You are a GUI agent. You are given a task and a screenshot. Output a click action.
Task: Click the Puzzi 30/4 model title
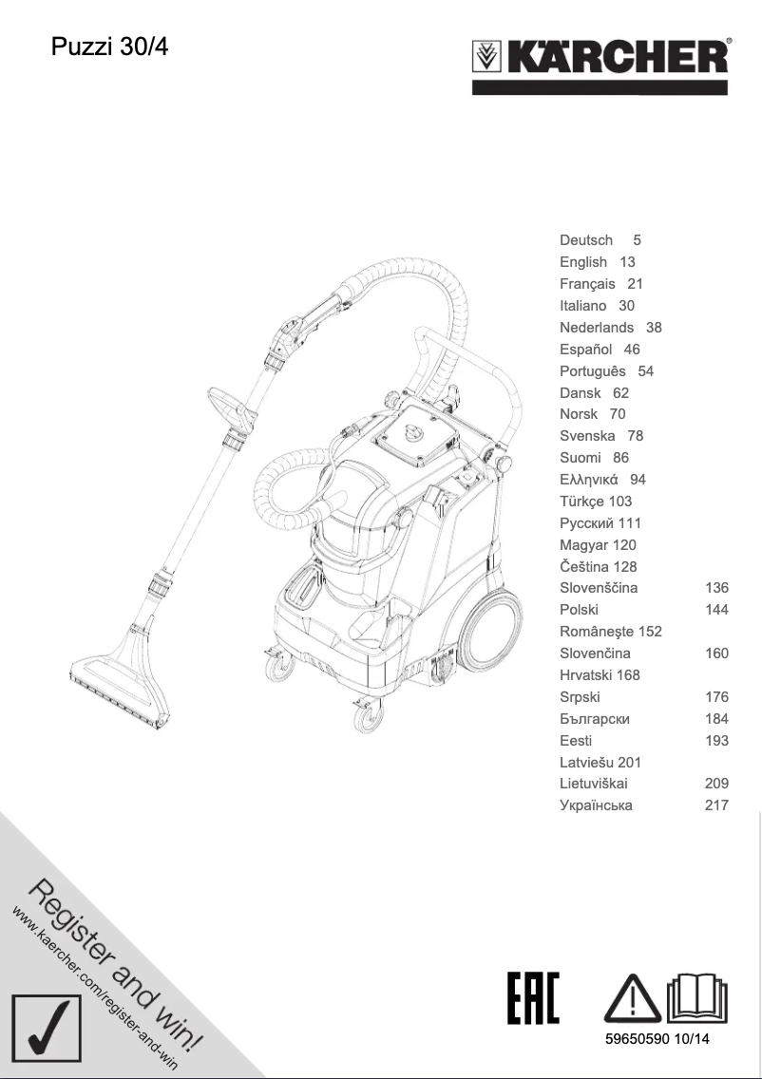pyautogui.click(x=109, y=47)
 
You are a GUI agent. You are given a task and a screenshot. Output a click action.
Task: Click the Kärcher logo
pyautogui.click(x=601, y=59)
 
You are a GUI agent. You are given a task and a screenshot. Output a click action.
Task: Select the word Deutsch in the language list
pyautogui.click(x=586, y=240)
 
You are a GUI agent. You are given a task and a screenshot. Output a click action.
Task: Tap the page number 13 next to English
pyautogui.click(x=627, y=262)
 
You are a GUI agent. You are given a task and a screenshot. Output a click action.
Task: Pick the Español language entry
pyautogui.click(x=585, y=350)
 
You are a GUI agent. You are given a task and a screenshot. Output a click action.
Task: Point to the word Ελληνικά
pyautogui.click(x=589, y=480)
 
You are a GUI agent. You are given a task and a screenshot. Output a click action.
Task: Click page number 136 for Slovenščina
pyautogui.click(x=716, y=588)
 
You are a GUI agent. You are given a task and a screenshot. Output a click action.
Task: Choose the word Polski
pyautogui.click(x=579, y=610)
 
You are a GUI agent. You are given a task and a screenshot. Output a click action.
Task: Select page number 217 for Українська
pyautogui.click(x=716, y=805)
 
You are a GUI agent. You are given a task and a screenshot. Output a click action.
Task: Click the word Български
pyautogui.click(x=595, y=719)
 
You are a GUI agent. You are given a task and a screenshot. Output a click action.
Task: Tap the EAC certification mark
pyautogui.click(x=533, y=997)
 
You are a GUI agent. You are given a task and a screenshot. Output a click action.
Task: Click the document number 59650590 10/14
pyautogui.click(x=657, y=1039)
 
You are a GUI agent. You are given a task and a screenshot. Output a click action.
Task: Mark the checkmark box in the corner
pyautogui.click(x=46, y=1036)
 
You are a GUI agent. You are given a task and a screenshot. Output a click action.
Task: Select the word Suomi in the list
pyautogui.click(x=580, y=458)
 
